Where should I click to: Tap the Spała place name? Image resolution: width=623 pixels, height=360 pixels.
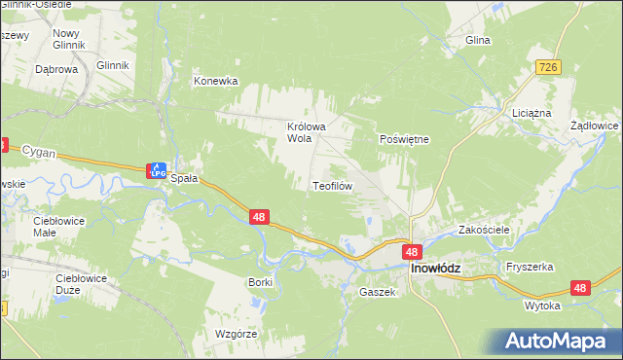184,179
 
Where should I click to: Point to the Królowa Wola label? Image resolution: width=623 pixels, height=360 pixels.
305,132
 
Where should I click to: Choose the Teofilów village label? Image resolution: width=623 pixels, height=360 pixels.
331,185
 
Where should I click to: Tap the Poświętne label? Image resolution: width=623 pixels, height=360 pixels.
404,139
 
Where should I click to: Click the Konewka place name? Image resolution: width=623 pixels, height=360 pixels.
216,82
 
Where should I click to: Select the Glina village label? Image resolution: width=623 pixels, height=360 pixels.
477,41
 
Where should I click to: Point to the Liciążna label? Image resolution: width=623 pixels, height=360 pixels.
531,113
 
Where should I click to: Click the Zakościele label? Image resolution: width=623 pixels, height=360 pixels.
484,231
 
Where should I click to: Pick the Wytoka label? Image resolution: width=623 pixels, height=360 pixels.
542,306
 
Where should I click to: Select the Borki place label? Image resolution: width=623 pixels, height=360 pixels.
260,281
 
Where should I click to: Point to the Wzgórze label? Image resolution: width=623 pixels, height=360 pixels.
235,334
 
